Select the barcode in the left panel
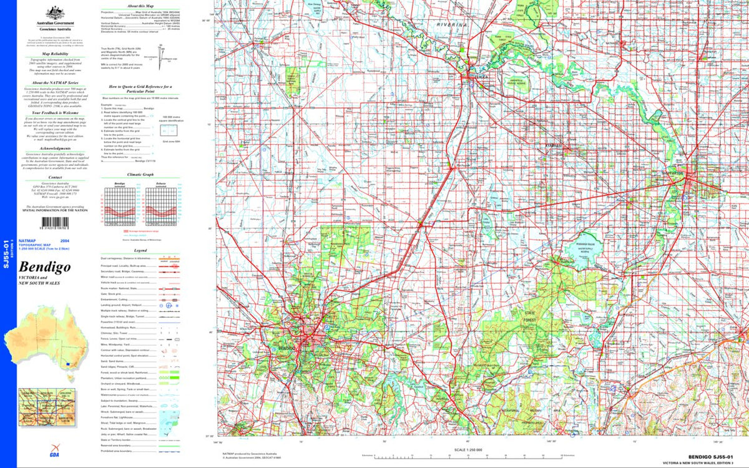[43, 220]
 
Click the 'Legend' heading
[135, 250]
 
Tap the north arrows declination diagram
[167, 59]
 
